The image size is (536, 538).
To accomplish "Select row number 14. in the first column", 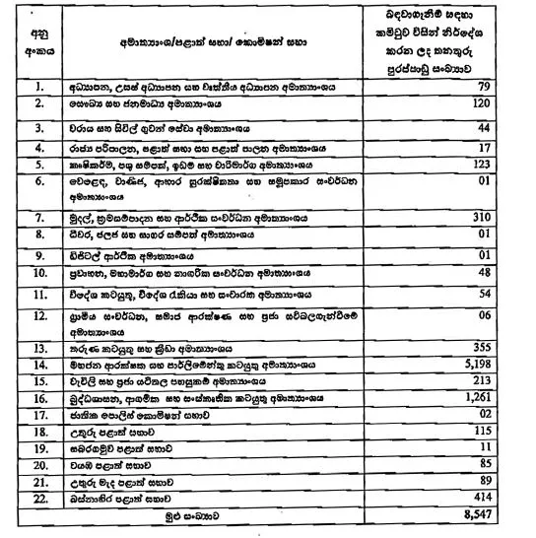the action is pos(38,364).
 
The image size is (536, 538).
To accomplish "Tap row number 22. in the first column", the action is pos(38,499).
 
